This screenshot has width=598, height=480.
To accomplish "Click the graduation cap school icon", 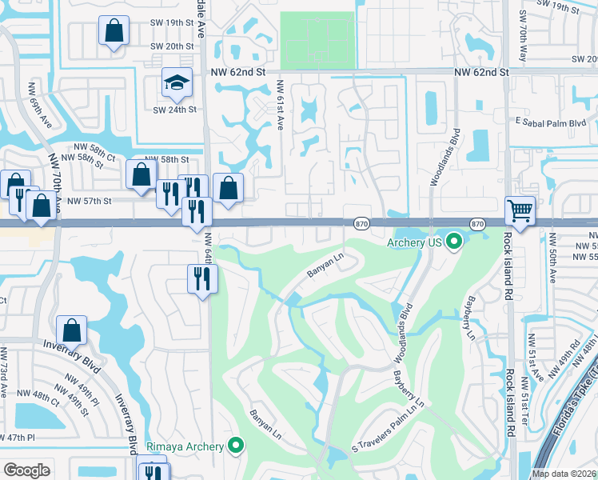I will click(177, 82).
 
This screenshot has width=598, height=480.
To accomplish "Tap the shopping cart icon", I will click(520, 211).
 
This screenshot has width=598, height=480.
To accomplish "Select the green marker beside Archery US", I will click(454, 240).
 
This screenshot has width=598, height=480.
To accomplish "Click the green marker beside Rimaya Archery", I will click(236, 446).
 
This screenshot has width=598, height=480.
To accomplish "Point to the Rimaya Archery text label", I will click(185, 446).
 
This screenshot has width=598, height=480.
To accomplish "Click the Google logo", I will click(26, 470).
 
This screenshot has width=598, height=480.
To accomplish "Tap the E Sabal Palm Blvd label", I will click(551, 122).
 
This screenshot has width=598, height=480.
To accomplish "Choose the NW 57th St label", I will click(90, 201).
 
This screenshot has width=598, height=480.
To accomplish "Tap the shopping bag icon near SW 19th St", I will click(114, 32).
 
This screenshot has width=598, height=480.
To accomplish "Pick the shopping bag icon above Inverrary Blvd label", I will click(71, 330).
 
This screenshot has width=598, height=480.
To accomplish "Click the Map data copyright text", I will click(564, 474).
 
